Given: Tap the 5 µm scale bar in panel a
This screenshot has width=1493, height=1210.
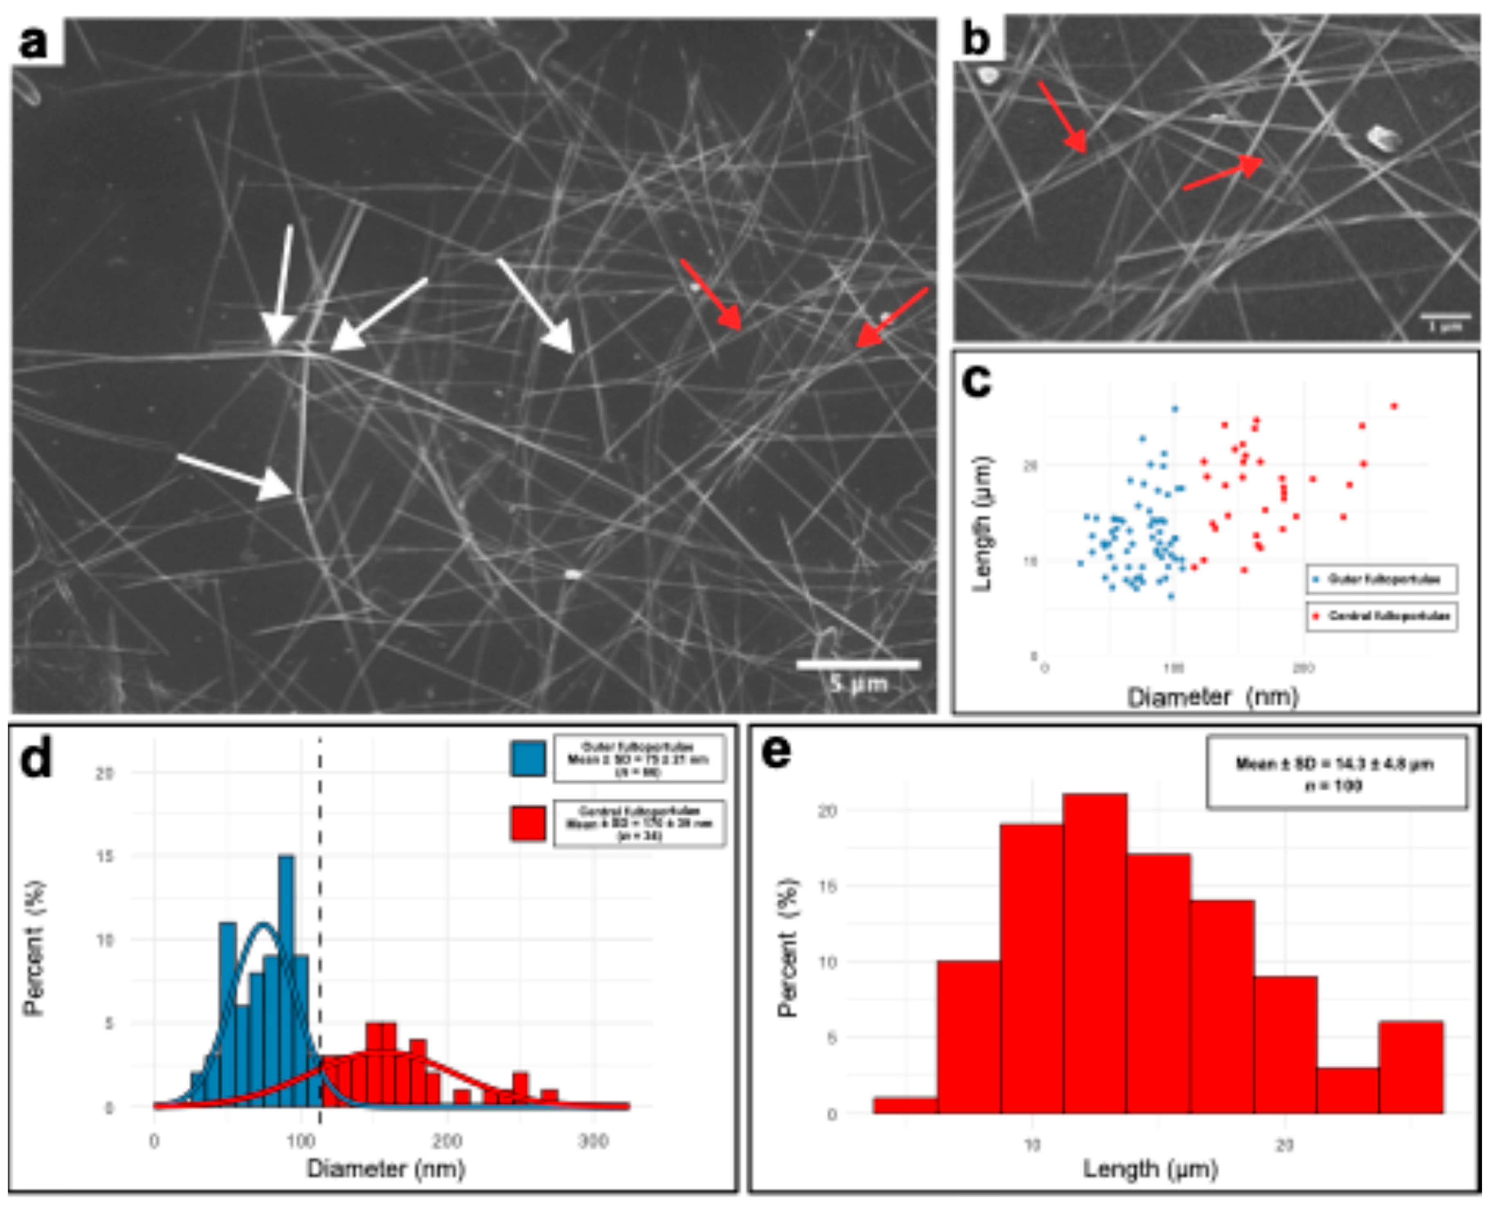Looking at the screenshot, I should (x=858, y=664).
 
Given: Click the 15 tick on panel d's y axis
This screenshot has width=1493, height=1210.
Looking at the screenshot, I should (x=105, y=857).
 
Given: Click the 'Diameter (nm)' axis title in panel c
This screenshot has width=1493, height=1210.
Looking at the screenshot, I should (x=1213, y=696).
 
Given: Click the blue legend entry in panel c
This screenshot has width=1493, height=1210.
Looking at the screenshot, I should (x=1381, y=579).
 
